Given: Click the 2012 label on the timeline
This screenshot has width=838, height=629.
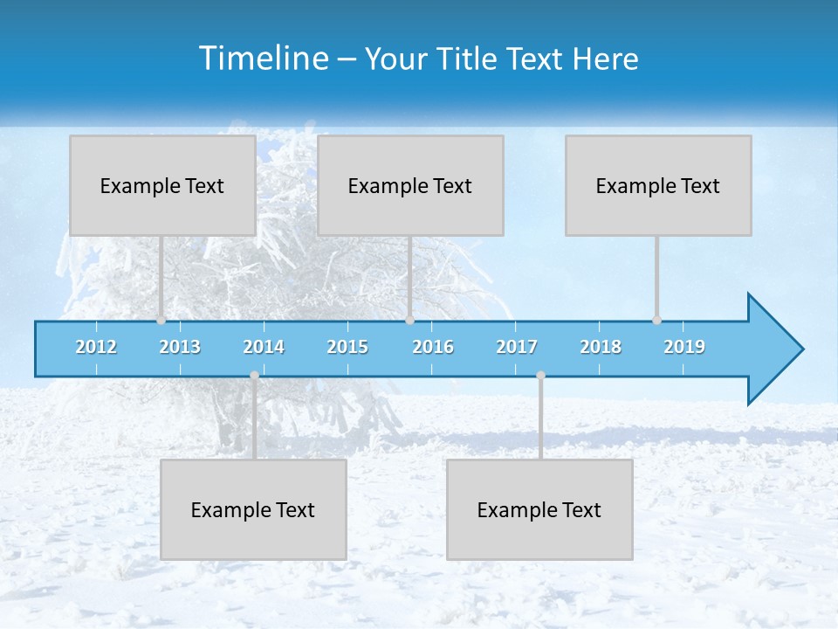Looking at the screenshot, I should (96, 347).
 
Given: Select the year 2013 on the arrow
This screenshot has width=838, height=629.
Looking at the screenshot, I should (180, 347).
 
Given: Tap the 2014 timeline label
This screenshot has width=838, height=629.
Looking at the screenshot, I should (264, 347).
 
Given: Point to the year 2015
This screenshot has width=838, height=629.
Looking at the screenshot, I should (347, 347).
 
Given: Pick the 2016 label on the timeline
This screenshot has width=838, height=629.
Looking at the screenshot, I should (433, 347).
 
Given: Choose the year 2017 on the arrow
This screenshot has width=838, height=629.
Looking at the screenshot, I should (517, 347).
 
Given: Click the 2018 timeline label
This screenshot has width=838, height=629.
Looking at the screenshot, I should (601, 347).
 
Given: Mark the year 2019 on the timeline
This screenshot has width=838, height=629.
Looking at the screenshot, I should (684, 347).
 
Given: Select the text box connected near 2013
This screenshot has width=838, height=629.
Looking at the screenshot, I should (162, 185).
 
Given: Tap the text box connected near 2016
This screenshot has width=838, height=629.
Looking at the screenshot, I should (410, 185).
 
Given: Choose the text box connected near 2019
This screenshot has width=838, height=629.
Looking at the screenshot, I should (658, 185).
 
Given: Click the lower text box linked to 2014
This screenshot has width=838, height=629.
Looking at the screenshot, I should (253, 509).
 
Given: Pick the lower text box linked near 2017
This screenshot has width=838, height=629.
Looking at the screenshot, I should (539, 509).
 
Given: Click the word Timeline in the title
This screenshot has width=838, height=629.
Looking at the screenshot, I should (263, 59).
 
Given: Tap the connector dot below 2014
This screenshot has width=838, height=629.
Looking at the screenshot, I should (254, 376).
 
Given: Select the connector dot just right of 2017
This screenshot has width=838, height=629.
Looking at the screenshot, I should (540, 376).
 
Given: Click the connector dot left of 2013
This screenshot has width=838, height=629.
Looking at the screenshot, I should (161, 321).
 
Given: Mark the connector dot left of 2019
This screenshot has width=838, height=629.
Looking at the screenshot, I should (656, 321).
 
